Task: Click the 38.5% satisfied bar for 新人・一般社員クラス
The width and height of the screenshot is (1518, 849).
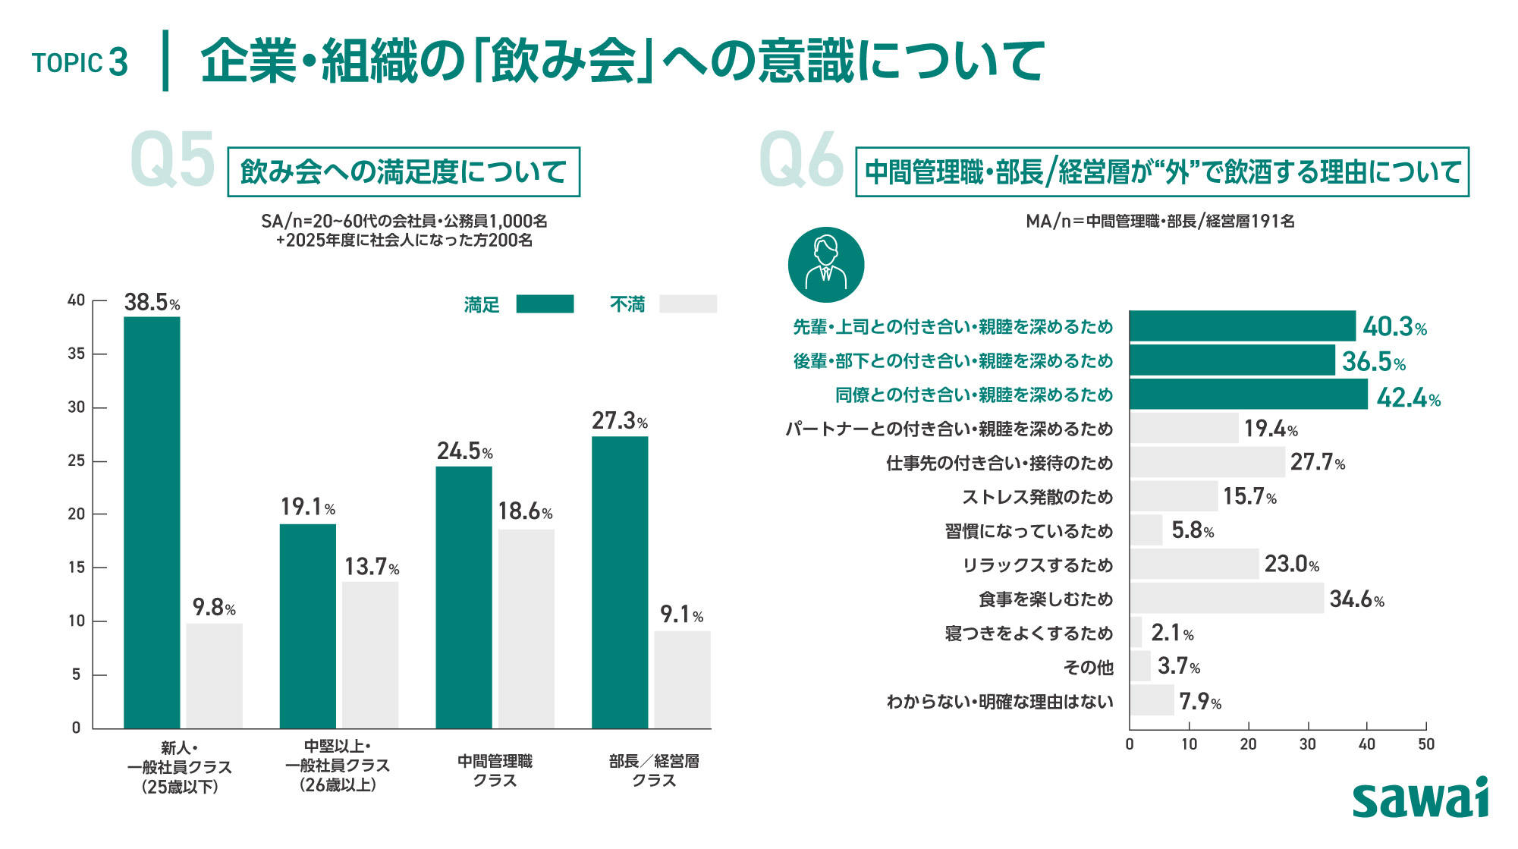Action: click(x=152, y=522)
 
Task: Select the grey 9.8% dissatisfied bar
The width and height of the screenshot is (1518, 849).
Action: click(x=214, y=676)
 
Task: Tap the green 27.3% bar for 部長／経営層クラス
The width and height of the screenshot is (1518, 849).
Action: click(x=620, y=582)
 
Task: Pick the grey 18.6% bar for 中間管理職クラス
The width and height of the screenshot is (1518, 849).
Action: click(x=526, y=629)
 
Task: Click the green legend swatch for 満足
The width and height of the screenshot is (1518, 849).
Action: click(x=545, y=304)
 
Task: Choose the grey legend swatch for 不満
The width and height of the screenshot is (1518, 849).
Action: click(x=688, y=304)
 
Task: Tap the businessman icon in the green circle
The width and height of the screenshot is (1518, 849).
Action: click(x=826, y=265)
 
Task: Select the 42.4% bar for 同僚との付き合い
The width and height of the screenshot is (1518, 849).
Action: click(x=1249, y=395)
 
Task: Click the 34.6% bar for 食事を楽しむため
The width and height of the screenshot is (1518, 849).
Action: click(x=1227, y=598)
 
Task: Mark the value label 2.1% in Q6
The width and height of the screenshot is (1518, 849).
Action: click(x=1172, y=633)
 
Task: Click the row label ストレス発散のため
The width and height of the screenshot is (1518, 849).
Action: click(x=1037, y=497)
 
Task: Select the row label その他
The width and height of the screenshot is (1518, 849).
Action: click(x=1088, y=667)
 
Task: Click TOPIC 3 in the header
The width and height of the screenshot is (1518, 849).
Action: click(x=80, y=62)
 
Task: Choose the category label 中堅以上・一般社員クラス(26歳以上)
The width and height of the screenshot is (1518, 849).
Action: click(x=338, y=766)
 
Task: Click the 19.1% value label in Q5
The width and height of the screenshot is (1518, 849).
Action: click(x=308, y=506)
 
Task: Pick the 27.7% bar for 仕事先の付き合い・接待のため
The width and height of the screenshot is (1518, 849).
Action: click(x=1207, y=462)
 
